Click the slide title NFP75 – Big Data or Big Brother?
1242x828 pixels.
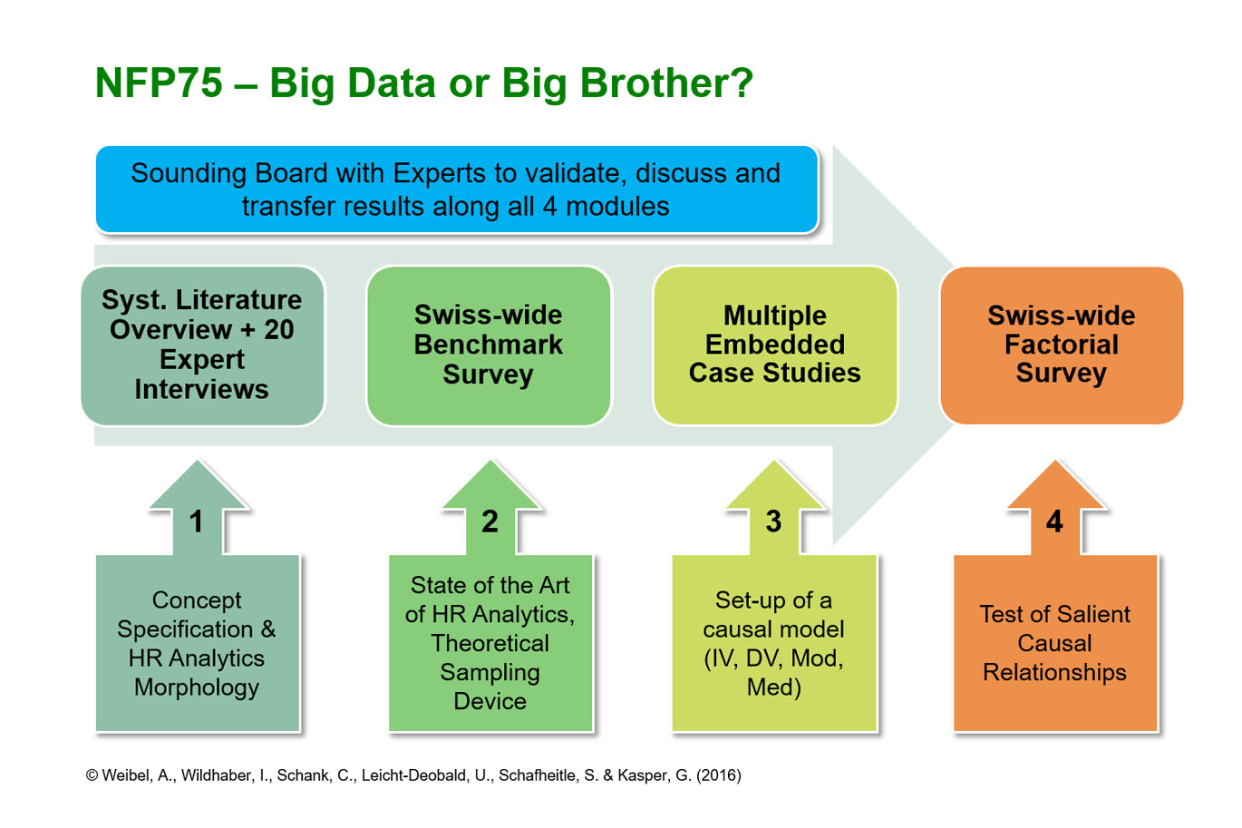pos(423,83)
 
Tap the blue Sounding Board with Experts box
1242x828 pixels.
pos(456,190)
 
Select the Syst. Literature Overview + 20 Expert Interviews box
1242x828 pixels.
pos(202,345)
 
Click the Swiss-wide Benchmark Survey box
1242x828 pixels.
pos(488,345)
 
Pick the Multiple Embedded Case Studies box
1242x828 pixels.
pos(774,345)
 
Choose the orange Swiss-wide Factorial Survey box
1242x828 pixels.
pos(1061,345)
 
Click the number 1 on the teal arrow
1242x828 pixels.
pos(197,521)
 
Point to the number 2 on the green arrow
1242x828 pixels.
pos(490,521)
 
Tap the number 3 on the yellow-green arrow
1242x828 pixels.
pos(773,521)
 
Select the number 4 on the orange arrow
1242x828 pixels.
pos(1054,521)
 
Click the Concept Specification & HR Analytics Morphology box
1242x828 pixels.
pos(197,643)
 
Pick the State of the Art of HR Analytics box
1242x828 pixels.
pos(490,643)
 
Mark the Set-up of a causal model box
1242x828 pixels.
pos(773,643)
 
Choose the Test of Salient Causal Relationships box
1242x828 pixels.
pos(1054,643)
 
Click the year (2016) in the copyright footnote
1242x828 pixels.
pos(718,775)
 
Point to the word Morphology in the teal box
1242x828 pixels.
pos(197,687)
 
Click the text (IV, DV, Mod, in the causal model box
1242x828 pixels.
pos(773,658)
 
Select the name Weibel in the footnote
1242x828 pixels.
pos(126,775)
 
